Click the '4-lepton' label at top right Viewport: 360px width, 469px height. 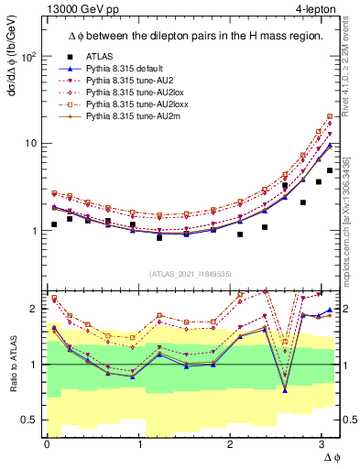pyautogui.click(x=317, y=8)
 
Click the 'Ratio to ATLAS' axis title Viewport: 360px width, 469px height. pyautogui.click(x=12, y=365)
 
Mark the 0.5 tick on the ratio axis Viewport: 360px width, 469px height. pyautogui.click(x=28, y=420)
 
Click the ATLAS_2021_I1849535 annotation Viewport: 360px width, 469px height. pyautogui.click(x=189, y=274)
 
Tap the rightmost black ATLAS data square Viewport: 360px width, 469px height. pyautogui.click(x=330, y=171)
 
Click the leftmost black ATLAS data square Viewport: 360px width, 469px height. pyautogui.click(x=54, y=224)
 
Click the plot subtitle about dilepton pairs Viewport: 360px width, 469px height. pyautogui.click(x=189, y=36)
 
